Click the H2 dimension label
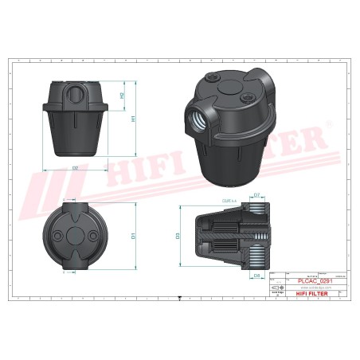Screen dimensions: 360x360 (x=122, y=96)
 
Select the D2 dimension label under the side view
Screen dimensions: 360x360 (x=74, y=168)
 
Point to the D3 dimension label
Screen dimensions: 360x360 (x=178, y=236)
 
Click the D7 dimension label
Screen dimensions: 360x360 (x=256, y=194)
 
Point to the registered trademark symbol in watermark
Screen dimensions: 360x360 (x=327, y=126)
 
